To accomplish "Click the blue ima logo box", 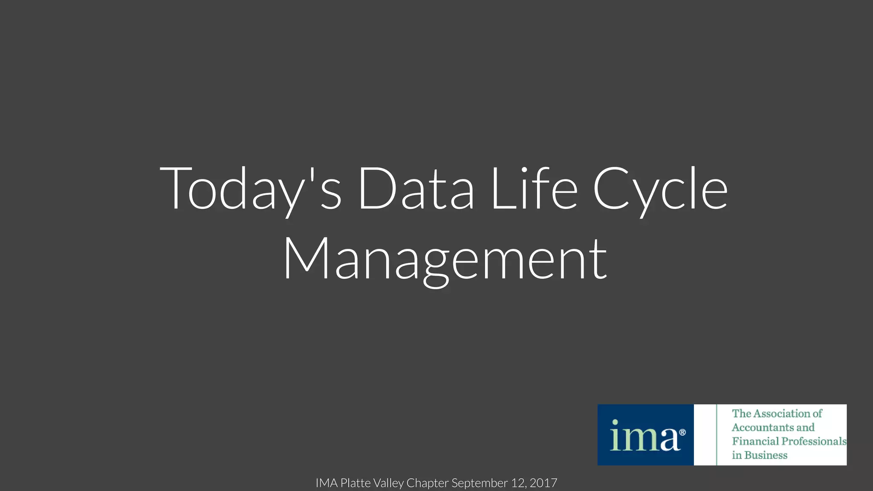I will (x=645, y=435).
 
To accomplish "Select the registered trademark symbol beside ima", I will (x=682, y=433).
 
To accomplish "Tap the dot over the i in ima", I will (x=615, y=422).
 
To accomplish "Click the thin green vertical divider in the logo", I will (x=717, y=435).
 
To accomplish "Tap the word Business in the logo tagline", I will (x=766, y=455).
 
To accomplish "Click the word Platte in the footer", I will (x=356, y=483).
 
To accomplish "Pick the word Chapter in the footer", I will (x=427, y=483).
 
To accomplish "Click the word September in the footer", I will (x=480, y=483).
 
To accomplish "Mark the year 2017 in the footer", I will (x=543, y=483).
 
